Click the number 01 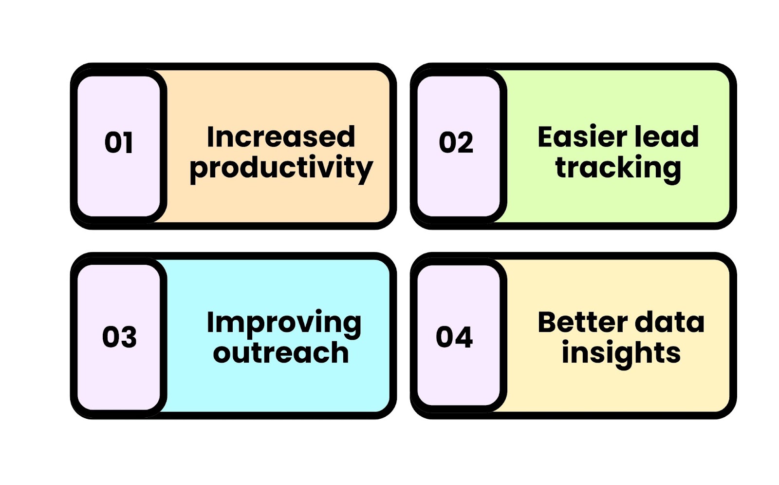pyautogui.click(x=119, y=142)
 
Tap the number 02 pyautogui.click(x=456, y=142)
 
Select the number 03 pyautogui.click(x=119, y=337)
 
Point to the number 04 pyautogui.click(x=454, y=337)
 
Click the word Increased pyautogui.click(x=281, y=136)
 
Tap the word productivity pyautogui.click(x=281, y=169)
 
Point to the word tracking pyautogui.click(x=618, y=169)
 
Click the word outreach pyautogui.click(x=280, y=352)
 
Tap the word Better pyautogui.click(x=582, y=322)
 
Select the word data pyautogui.click(x=670, y=322)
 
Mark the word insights pyautogui.click(x=621, y=354)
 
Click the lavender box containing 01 pyautogui.click(x=119, y=146)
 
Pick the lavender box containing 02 pyautogui.click(x=458, y=146)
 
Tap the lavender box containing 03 pyautogui.click(x=119, y=337)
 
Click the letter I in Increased pyautogui.click(x=210, y=136)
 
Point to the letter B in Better pyautogui.click(x=547, y=322)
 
